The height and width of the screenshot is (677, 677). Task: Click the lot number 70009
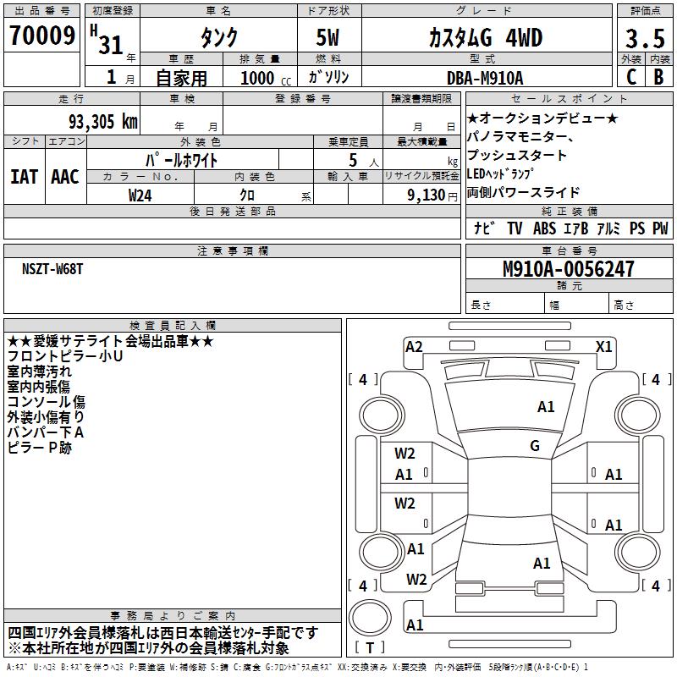click(41, 36)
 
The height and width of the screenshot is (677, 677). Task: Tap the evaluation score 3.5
click(645, 38)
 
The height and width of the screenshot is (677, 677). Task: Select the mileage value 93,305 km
click(102, 122)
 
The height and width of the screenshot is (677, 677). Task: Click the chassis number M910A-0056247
click(569, 269)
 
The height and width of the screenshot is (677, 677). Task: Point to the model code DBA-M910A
click(485, 78)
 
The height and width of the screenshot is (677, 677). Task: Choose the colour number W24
click(140, 195)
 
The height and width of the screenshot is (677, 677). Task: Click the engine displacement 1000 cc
click(266, 78)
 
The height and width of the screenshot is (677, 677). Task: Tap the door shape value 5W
click(327, 37)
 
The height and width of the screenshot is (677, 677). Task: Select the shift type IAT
click(24, 177)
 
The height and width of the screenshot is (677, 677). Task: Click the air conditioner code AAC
click(65, 177)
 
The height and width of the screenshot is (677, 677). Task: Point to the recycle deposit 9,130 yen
click(432, 195)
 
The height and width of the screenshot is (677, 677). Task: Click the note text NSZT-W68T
click(52, 269)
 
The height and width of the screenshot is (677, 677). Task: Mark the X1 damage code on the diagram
click(603, 347)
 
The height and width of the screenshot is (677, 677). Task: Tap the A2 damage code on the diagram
click(414, 347)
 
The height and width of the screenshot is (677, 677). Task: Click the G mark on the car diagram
click(535, 445)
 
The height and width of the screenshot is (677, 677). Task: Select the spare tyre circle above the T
click(370, 617)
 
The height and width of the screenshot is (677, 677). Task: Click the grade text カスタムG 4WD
click(485, 37)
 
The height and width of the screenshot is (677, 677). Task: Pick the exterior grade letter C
click(631, 77)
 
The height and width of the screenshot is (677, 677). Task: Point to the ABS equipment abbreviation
click(544, 228)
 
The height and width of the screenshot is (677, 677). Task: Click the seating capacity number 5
click(353, 160)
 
